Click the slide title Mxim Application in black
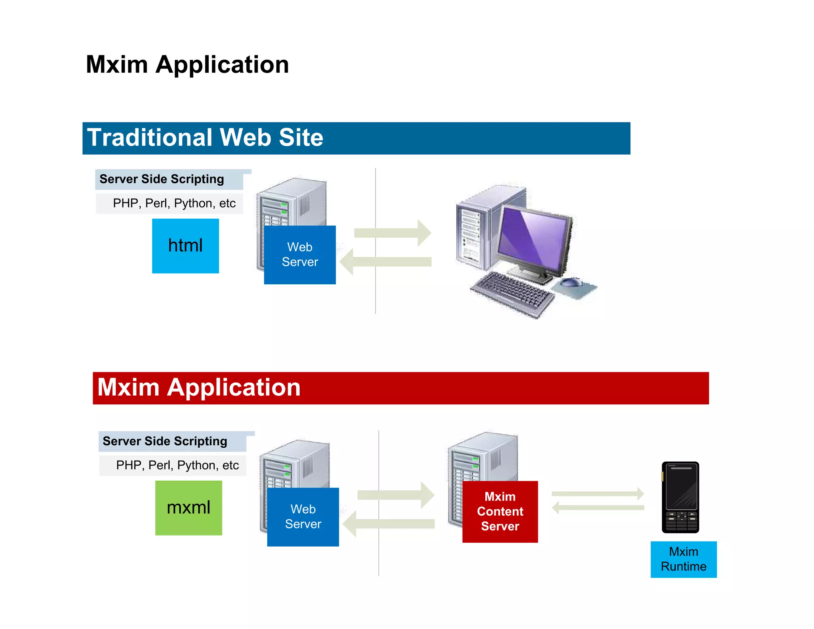coord(187,64)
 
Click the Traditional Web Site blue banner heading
coord(205,138)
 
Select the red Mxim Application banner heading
coord(199,388)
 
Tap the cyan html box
coord(185,246)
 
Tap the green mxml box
coord(188,508)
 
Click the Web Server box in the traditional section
coord(300,254)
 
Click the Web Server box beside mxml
coord(303,516)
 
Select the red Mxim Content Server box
coord(500,511)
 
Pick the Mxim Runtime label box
coord(683,559)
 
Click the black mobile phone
coord(680,497)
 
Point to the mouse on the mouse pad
coord(570,282)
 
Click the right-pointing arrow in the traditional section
coord(393,233)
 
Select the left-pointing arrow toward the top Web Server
coord(386,262)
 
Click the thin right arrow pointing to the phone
coord(597,494)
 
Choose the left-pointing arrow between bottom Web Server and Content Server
coord(389,524)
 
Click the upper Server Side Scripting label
coord(162,179)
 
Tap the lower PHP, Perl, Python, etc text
coord(177,465)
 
